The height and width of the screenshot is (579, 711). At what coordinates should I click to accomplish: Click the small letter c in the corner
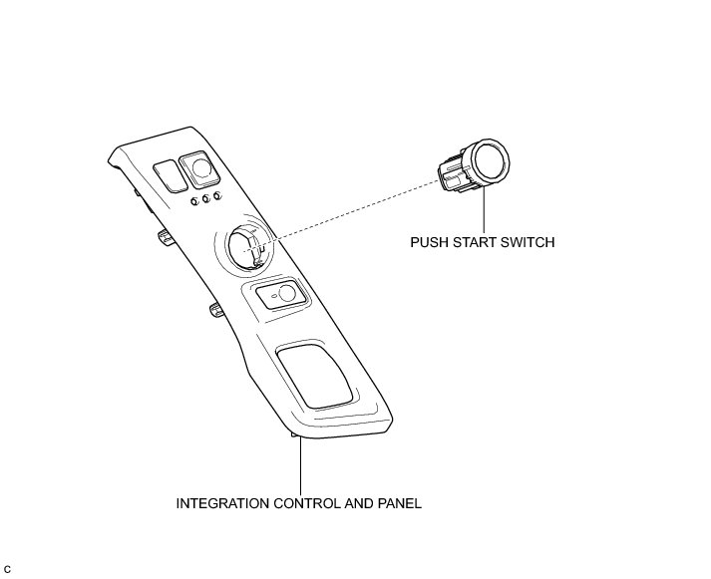pyautogui.click(x=7, y=568)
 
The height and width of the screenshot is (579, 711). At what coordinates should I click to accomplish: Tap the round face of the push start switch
pyautogui.click(x=491, y=160)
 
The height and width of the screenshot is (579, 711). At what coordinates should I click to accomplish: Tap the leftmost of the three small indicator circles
pyautogui.click(x=193, y=203)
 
